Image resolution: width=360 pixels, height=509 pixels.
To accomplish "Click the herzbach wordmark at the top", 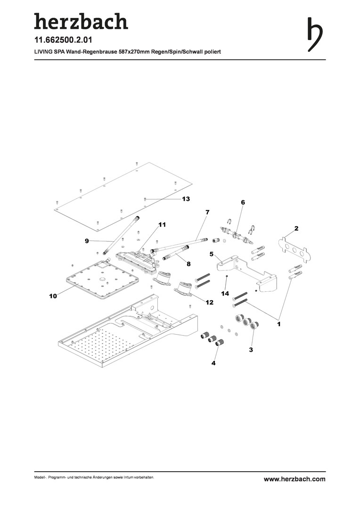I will [x=81, y=22].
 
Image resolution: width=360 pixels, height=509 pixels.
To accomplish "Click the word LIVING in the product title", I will [x=44, y=52].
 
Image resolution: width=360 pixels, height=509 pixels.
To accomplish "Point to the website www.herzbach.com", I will [x=295, y=479].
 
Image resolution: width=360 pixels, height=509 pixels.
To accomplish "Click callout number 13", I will [x=186, y=199].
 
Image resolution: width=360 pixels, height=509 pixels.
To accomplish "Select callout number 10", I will [x=52, y=296].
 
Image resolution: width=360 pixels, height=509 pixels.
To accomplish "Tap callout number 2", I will [x=296, y=228].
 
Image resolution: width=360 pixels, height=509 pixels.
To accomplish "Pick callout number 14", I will [x=225, y=294].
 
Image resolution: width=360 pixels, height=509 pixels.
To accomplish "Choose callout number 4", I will [x=213, y=363].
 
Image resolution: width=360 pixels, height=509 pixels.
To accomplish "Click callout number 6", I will [x=243, y=202].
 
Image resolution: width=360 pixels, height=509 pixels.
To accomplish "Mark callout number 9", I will [x=87, y=241].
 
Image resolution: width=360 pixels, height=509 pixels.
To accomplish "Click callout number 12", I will [x=209, y=303].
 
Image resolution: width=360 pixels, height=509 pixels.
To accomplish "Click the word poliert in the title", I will [x=212, y=52].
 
